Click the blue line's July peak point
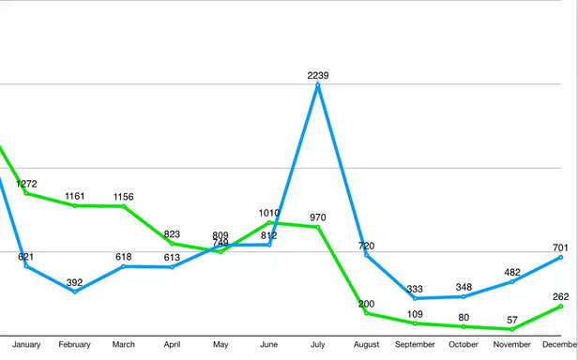318,84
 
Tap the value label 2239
318,75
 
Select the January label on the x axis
26,345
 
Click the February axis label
75,345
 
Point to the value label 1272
26,184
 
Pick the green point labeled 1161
75,205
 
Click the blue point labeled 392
75,292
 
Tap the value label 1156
124,197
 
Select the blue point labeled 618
124,266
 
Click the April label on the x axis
173,345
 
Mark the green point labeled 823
173,243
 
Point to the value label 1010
269,213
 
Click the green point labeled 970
318,227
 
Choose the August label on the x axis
366,345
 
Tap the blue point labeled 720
366,255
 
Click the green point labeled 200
366,313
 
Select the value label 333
415,289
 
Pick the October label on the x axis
464,345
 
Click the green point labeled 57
512,329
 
